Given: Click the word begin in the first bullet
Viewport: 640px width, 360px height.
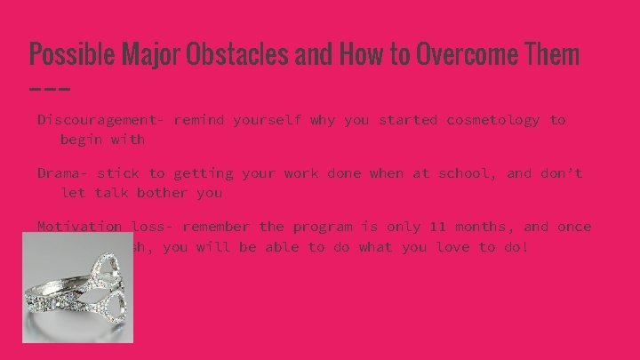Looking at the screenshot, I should (80, 140).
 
